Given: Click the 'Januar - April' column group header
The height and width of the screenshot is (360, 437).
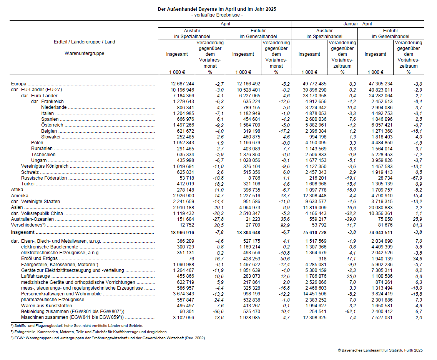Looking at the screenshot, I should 357,24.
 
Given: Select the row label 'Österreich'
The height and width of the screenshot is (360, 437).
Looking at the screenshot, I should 52,125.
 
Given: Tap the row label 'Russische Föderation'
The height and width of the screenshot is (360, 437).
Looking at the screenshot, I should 44,178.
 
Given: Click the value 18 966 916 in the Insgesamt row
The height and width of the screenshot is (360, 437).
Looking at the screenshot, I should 183,233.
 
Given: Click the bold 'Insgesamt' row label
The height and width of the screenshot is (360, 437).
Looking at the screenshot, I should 23,233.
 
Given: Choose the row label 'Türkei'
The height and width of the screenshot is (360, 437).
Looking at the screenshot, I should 28,184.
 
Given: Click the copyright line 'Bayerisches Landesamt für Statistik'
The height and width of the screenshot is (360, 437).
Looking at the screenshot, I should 380,350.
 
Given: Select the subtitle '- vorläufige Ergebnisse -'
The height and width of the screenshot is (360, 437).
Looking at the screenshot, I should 217,15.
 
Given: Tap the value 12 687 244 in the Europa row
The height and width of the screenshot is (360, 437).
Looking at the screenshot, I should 183,84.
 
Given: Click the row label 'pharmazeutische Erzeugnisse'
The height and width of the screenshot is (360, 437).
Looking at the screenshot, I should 53,300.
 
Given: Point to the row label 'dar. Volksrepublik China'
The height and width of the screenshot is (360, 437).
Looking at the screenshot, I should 37,213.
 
